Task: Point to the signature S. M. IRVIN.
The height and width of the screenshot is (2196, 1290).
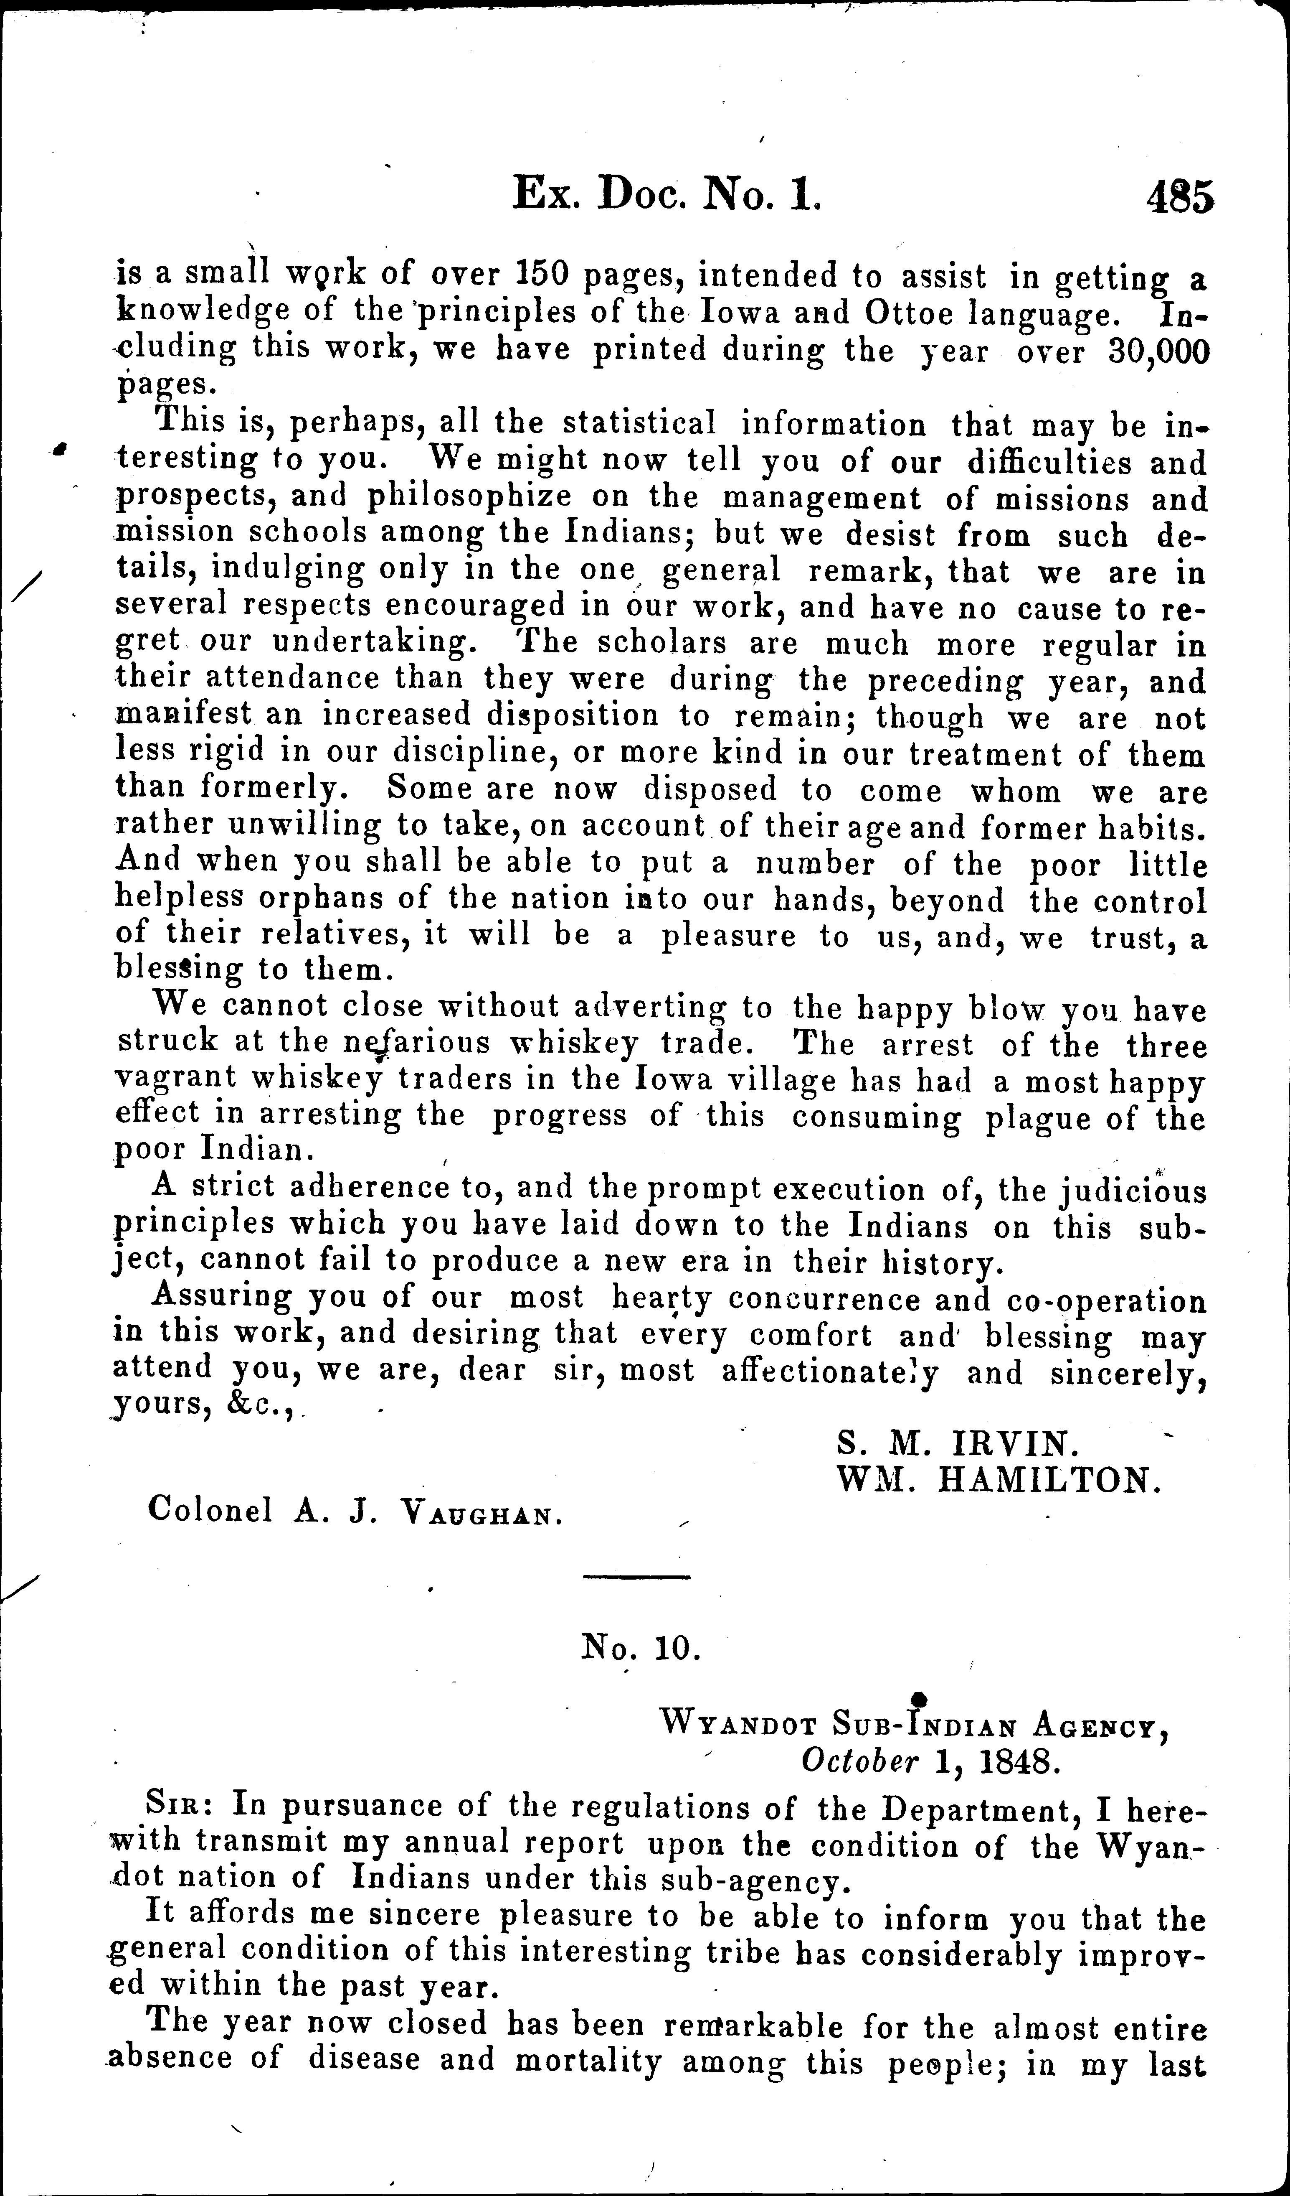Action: point(956,1444)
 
